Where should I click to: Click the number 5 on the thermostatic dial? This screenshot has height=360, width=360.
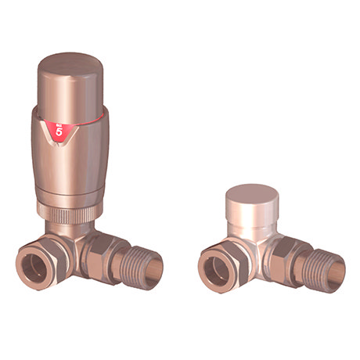[x=59, y=131]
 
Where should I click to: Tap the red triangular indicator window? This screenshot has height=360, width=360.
[x=59, y=127]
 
